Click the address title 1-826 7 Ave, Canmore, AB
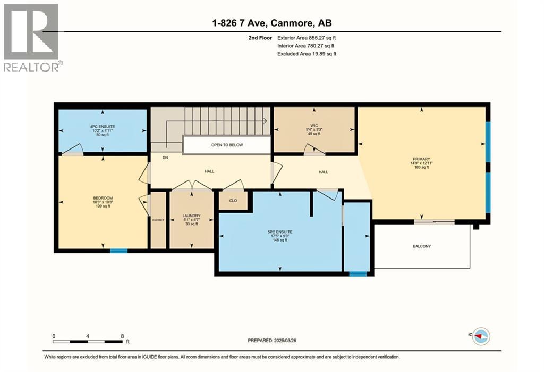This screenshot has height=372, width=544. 271,23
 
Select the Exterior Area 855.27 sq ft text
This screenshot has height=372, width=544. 307,38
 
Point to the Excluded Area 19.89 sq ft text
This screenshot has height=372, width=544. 307,54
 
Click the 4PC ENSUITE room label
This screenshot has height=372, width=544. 102,126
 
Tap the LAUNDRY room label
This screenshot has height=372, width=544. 191,216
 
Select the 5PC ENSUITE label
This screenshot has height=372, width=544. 279,232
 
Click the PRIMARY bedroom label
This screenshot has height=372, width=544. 423,159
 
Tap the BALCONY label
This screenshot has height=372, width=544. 422,246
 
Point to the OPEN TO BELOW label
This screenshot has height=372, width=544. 227,145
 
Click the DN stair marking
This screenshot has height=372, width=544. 165,158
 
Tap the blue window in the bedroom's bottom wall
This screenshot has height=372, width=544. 118,250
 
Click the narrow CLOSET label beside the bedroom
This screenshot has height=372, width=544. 158,219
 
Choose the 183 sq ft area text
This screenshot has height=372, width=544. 423,168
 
